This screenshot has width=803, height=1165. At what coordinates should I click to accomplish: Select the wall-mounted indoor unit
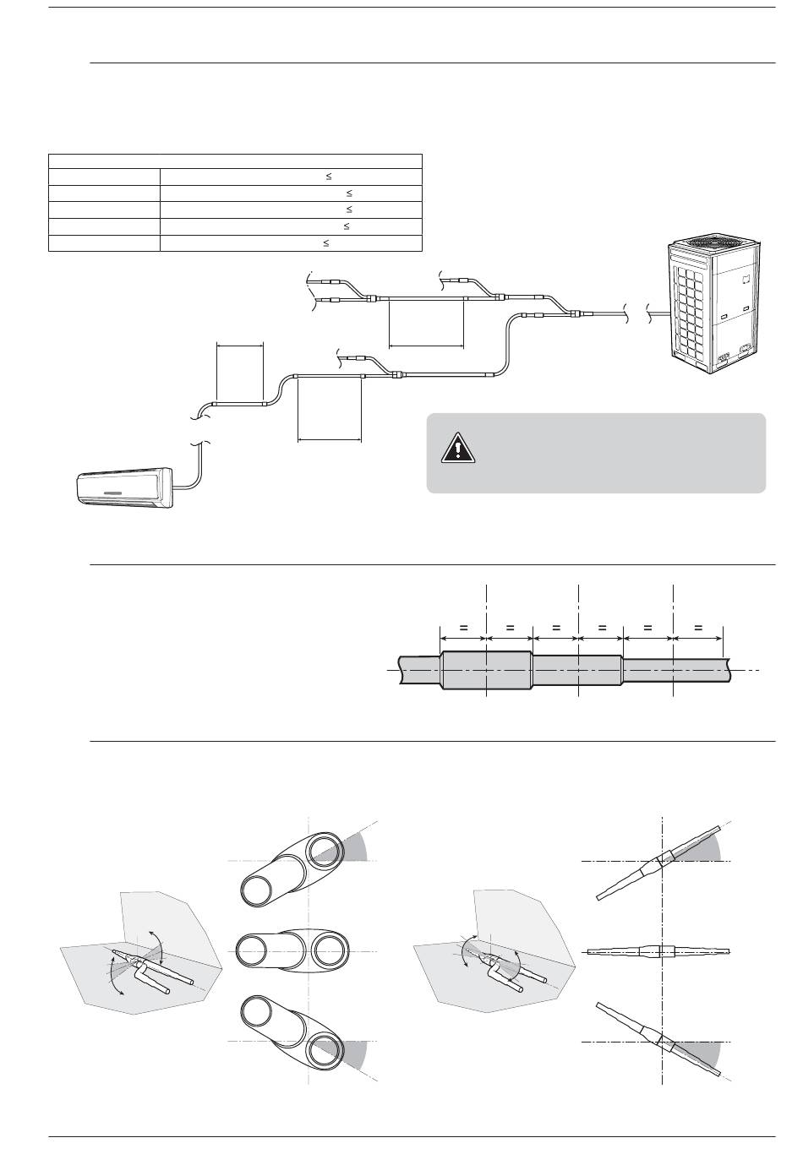125,487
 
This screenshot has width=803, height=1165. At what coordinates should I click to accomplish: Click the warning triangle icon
457,447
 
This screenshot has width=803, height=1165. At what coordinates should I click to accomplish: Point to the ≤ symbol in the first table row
328,177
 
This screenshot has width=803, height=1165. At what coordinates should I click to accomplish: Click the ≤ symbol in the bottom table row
326,242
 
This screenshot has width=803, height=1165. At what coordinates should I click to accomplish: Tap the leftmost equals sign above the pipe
463,628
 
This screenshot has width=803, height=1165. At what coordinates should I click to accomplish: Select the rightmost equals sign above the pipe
698,628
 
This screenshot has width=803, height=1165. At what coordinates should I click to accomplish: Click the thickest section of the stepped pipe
486,671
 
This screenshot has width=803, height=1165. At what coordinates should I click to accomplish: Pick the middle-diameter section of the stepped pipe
577,671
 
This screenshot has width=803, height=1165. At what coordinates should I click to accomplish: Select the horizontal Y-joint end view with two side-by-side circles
292,951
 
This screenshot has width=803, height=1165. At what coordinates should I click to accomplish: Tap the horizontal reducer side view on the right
658,951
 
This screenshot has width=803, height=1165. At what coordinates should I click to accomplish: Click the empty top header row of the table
235,161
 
